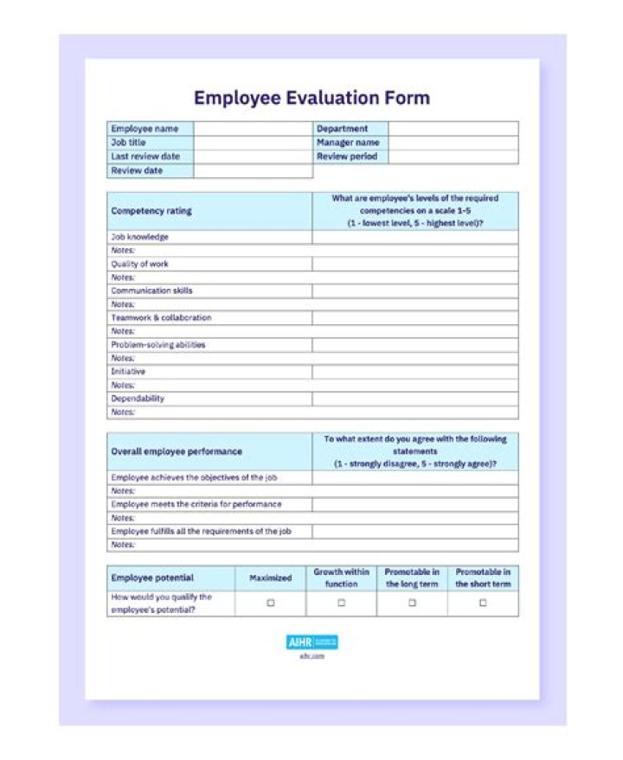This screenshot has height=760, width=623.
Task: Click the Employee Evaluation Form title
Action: point(311,98)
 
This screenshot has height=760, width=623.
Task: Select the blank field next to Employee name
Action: point(253,129)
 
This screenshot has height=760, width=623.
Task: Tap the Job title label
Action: point(129,143)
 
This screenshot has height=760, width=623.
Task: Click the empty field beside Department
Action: point(453,129)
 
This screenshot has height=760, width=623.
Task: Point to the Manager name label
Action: point(348,143)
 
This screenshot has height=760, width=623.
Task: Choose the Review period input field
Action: point(453,156)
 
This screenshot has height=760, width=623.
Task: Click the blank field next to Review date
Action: point(253,171)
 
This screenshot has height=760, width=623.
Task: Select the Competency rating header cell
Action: point(151,211)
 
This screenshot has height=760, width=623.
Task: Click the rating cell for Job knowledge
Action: point(415,237)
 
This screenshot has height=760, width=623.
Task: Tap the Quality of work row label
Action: point(140,264)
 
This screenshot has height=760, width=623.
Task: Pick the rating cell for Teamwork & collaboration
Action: point(415,317)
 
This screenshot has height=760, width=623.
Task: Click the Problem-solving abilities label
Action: point(157,344)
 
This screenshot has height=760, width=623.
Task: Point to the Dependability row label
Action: point(138,399)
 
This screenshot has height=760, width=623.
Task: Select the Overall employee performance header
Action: point(177,451)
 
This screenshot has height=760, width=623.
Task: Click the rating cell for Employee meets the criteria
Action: point(415,504)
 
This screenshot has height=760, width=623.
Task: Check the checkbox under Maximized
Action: point(271,604)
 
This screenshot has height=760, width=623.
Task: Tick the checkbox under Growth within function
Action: point(341,604)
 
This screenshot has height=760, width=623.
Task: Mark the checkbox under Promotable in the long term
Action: point(412,604)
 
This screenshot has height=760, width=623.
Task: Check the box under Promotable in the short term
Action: point(483,604)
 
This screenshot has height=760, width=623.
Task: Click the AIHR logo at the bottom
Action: point(311,642)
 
